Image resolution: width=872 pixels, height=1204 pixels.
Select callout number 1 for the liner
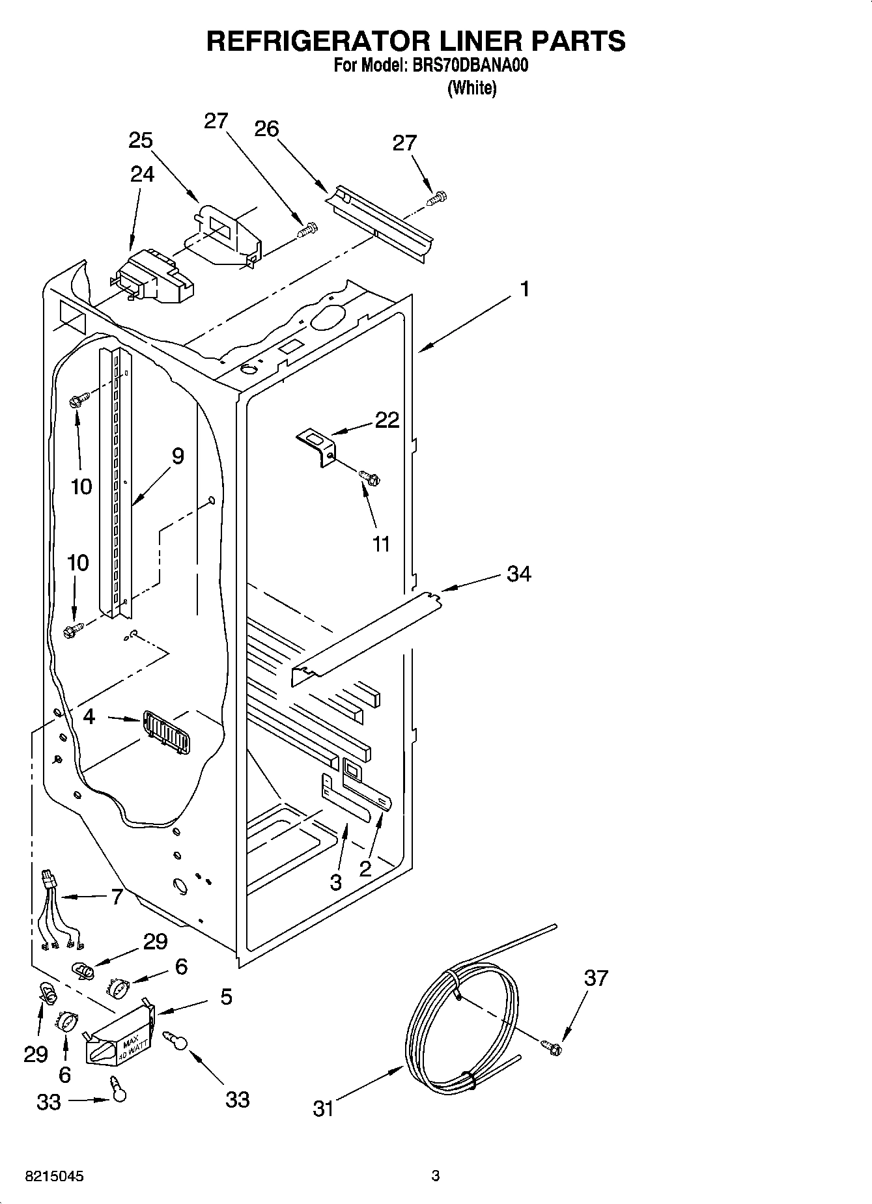pos(525,289)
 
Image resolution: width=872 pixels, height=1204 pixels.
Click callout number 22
pos(387,420)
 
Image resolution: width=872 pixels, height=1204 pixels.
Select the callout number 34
pos(518,574)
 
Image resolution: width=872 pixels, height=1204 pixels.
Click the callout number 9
pos(177,456)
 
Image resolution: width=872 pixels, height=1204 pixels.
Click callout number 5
pos(225,996)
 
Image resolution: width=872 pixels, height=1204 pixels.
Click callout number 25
pos(140,140)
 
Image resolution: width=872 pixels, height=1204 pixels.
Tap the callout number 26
pos(266,129)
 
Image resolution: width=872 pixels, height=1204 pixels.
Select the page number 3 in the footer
pos(436,1176)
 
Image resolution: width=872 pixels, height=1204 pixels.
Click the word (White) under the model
pos(471,88)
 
